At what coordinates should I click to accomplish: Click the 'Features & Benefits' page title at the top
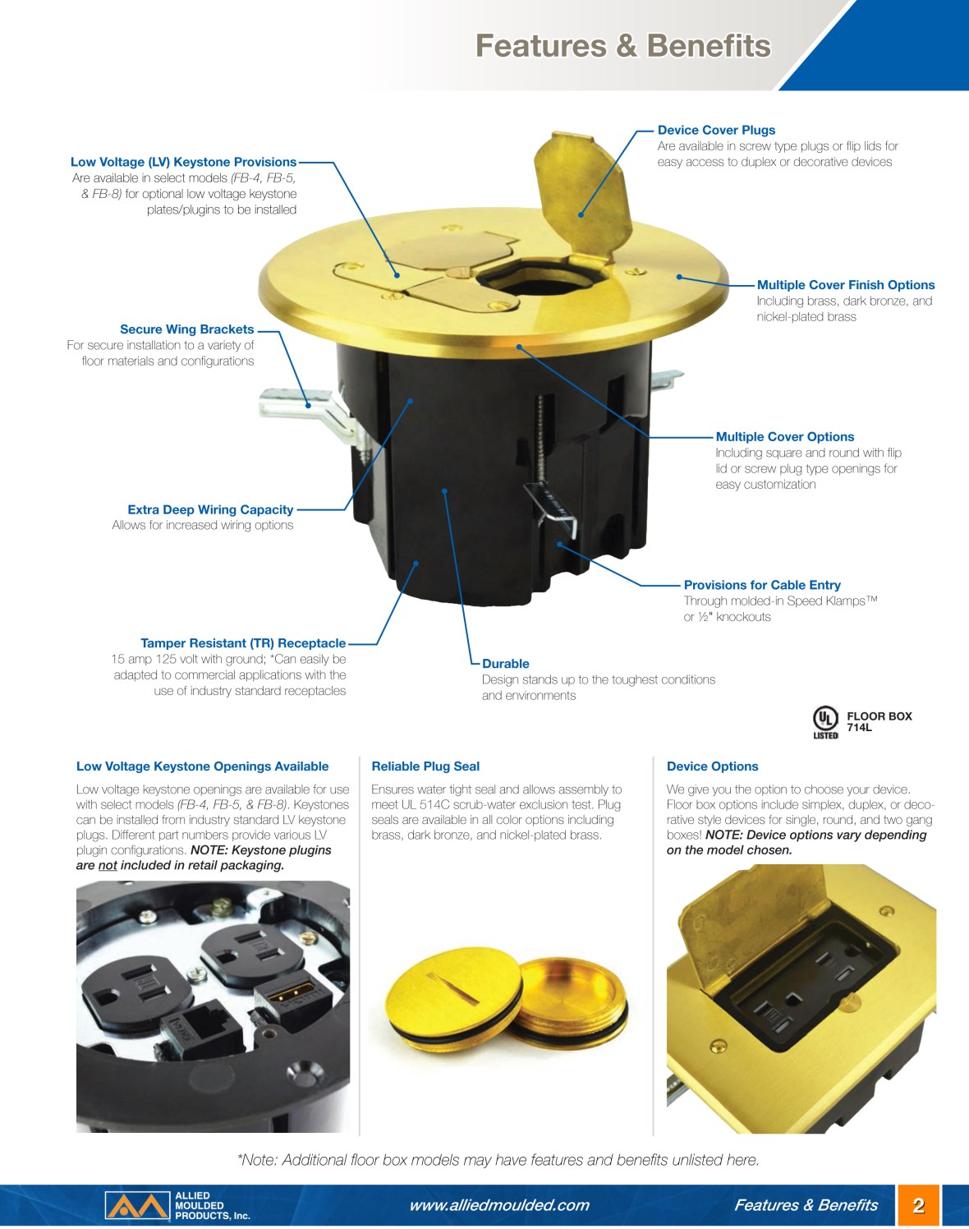click(x=623, y=46)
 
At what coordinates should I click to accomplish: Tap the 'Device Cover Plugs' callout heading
click(x=716, y=130)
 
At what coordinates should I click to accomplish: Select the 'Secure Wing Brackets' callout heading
click(x=186, y=329)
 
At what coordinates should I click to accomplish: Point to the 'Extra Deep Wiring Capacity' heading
click(x=210, y=509)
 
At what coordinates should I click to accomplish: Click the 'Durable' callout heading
click(x=505, y=664)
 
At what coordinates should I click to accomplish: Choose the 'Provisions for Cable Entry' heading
click(x=762, y=585)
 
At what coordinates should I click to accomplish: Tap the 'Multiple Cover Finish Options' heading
click(x=846, y=285)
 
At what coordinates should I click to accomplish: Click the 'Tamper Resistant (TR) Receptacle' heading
click(x=243, y=643)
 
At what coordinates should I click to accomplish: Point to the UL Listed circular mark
click(x=825, y=719)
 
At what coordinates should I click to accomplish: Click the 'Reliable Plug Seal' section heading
click(x=425, y=766)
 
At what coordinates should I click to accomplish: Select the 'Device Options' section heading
click(x=712, y=766)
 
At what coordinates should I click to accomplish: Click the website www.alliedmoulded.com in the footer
click(x=499, y=1204)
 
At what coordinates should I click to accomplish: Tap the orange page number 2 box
click(x=919, y=1205)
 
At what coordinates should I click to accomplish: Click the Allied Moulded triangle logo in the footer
click(x=137, y=1205)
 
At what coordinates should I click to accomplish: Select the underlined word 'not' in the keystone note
click(x=108, y=865)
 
